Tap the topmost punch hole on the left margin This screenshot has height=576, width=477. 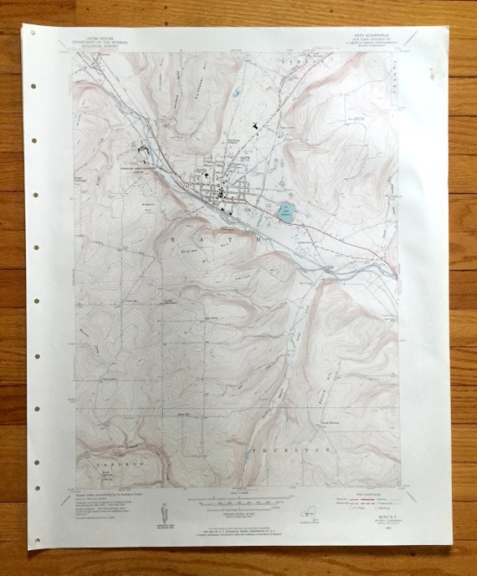tap(33, 33)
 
